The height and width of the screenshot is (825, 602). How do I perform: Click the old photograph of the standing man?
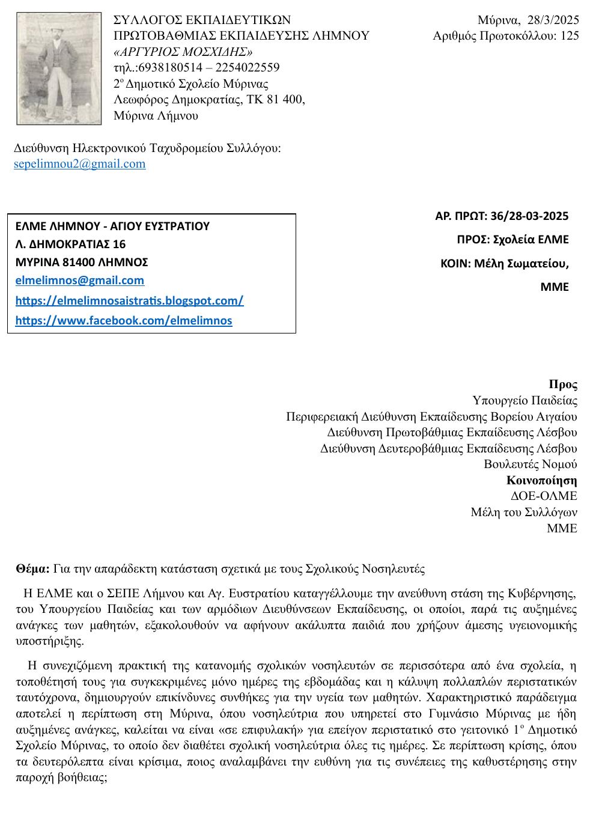[59, 68]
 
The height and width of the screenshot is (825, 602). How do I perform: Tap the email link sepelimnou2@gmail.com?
[79, 164]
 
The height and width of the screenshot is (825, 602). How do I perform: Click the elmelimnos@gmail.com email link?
[79, 280]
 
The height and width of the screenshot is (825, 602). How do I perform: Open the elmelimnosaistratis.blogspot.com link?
[129, 300]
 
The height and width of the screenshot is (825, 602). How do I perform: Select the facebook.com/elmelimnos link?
[123, 320]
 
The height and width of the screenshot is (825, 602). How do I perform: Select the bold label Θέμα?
[33, 568]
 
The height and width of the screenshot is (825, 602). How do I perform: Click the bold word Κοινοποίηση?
[541, 480]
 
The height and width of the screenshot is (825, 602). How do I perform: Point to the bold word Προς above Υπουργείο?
[563, 385]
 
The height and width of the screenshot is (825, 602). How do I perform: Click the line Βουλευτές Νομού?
[530, 464]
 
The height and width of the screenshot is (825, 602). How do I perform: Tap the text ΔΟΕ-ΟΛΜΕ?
[543, 496]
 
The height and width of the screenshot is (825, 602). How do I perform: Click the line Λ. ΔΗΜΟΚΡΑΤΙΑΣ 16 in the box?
[70, 244]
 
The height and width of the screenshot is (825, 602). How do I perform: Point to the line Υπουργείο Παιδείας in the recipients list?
[524, 400]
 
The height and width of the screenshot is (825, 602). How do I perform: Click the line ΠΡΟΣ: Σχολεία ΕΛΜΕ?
[512, 239]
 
